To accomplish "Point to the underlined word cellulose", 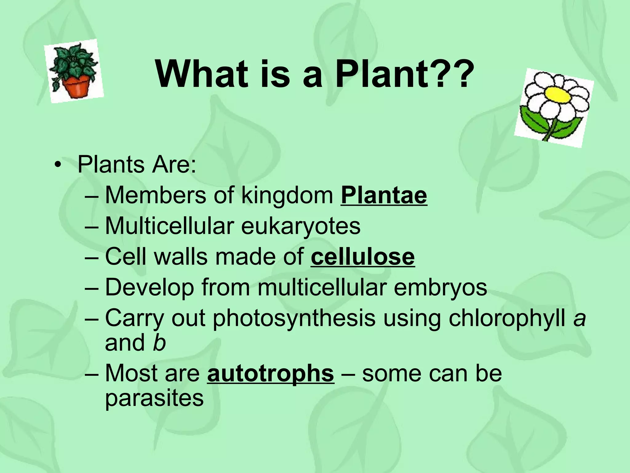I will (363, 257).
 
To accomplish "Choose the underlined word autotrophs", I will (270, 373).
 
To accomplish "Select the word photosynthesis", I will (294, 318).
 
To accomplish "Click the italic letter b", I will (159, 343).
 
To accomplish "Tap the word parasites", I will (154, 398).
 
